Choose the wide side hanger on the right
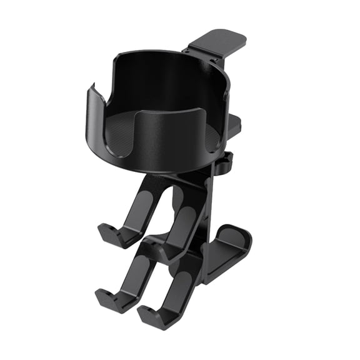[228, 250]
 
